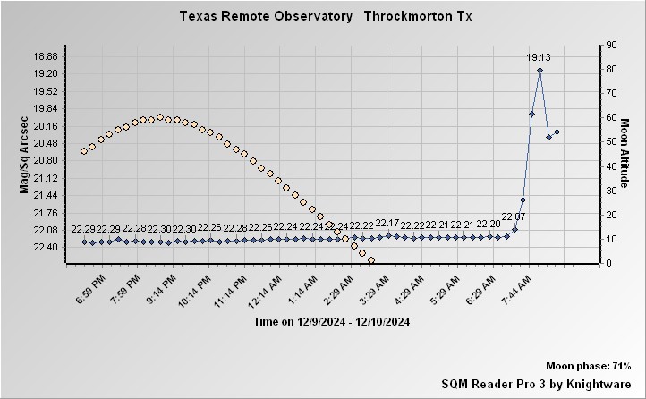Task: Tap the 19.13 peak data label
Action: [x=539, y=58]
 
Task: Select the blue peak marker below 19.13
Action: [x=540, y=70]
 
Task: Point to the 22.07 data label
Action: [x=514, y=216]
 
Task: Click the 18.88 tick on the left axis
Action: [x=45, y=56]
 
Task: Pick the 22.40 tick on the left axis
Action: [x=45, y=248]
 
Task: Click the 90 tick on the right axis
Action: [x=587, y=45]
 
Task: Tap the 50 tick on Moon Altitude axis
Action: [x=587, y=141]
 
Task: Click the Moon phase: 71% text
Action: [x=589, y=367]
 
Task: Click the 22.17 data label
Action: [x=387, y=223]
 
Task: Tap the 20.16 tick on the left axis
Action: [x=45, y=126]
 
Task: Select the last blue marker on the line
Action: [x=557, y=132]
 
